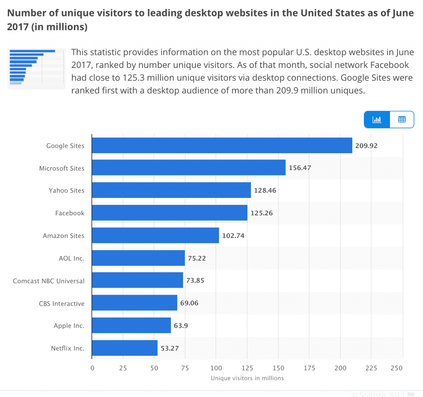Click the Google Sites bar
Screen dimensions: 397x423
[222, 145]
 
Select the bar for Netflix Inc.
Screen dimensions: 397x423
[125, 348]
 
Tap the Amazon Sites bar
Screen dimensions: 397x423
[155, 235]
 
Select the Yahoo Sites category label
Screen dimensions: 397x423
[67, 190]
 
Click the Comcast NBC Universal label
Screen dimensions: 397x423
[49, 281]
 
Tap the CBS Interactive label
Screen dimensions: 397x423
[62, 303]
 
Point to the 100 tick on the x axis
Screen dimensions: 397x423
[216, 368]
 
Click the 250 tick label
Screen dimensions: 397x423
[397, 368]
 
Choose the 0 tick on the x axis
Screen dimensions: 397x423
[92, 368]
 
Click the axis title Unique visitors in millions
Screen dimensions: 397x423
[247, 378]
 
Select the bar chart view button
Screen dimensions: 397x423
[377, 120]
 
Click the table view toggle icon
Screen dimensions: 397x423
[402, 120]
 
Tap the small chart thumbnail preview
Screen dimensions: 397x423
[36, 68]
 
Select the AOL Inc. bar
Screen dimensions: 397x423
[138, 258]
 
